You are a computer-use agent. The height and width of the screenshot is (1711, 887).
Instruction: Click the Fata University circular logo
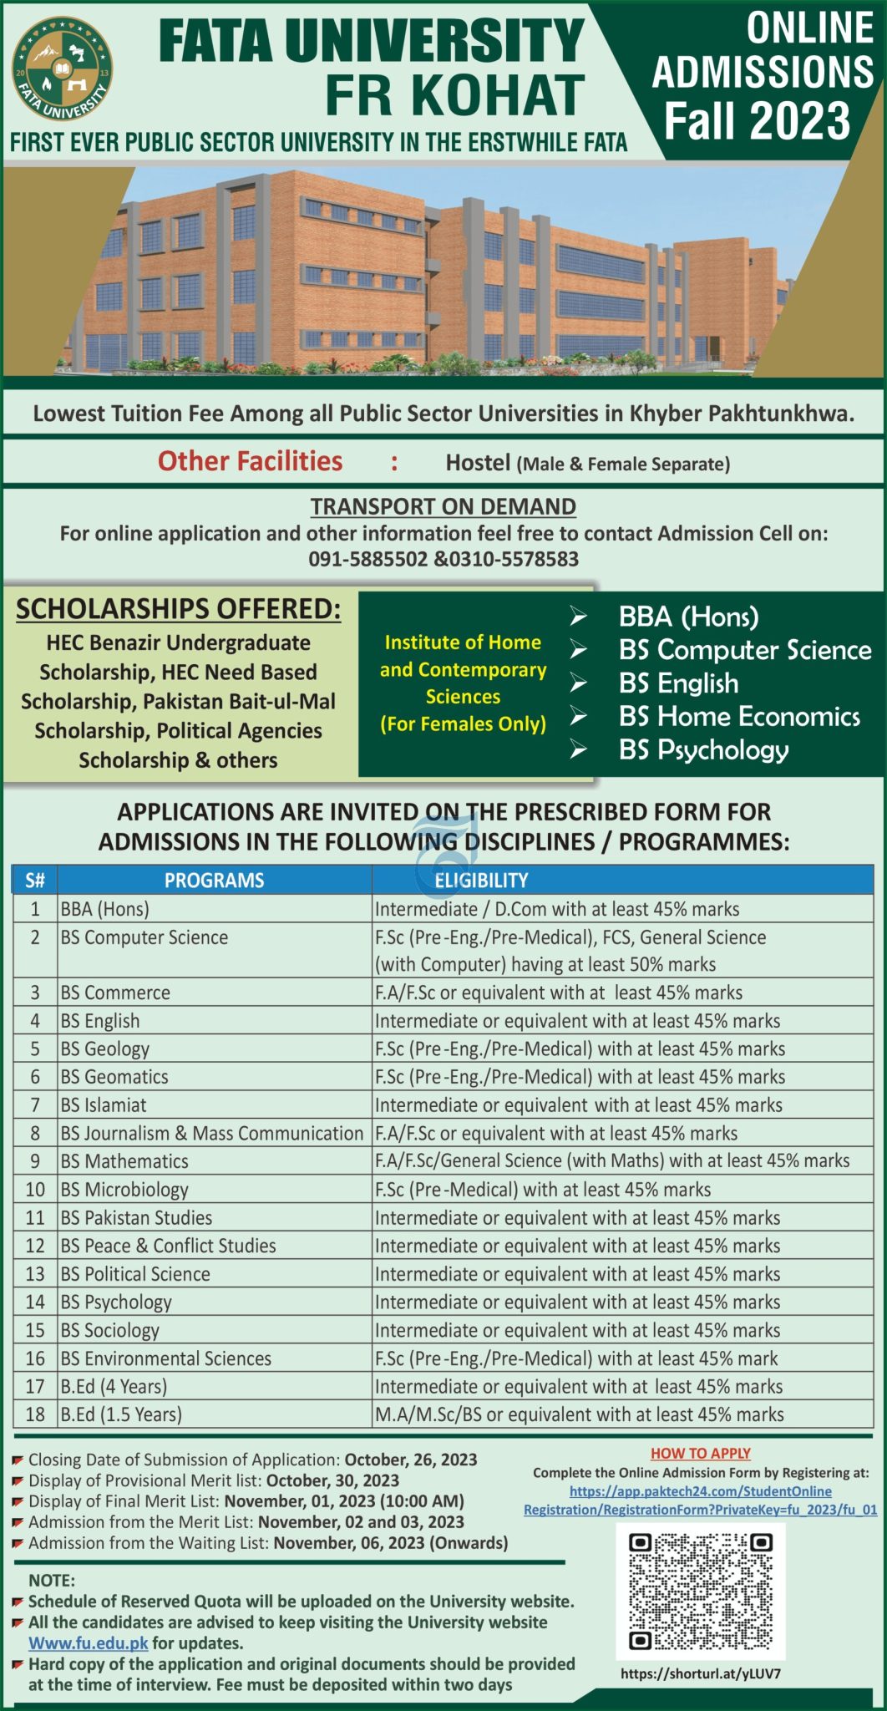(63, 70)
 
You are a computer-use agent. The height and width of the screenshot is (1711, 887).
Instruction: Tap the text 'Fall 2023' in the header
(757, 121)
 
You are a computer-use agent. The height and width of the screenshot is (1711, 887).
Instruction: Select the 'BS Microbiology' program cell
(124, 1189)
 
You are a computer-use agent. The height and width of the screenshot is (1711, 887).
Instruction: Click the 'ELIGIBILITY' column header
(481, 880)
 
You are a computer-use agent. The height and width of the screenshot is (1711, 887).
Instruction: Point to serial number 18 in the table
(35, 1414)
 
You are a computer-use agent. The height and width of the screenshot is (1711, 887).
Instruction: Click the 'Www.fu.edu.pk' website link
(89, 1642)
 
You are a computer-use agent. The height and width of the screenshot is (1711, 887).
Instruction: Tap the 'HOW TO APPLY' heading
(700, 1453)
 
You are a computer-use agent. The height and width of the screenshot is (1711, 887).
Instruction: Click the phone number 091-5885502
(367, 559)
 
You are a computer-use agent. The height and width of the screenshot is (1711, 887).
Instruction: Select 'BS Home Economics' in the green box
(738, 716)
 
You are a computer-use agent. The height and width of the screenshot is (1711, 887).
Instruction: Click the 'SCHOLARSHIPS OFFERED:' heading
(179, 609)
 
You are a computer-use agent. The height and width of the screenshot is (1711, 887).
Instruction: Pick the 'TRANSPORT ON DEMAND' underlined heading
(443, 506)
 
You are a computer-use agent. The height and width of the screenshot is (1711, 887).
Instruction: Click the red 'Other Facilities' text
(250, 461)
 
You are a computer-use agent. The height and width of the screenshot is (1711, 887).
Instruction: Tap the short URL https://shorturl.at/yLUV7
(700, 1673)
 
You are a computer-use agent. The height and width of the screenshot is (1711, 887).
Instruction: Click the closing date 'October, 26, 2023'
(410, 1460)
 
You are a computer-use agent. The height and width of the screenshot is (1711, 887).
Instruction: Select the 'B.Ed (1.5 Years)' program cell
(121, 1414)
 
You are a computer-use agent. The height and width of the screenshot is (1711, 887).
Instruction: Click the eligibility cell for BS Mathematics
(611, 1160)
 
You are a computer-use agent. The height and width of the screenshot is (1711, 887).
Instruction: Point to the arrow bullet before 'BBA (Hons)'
(578, 617)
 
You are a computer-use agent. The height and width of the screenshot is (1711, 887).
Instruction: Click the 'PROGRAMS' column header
(214, 880)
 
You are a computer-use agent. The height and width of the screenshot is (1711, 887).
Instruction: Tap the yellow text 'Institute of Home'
(462, 642)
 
